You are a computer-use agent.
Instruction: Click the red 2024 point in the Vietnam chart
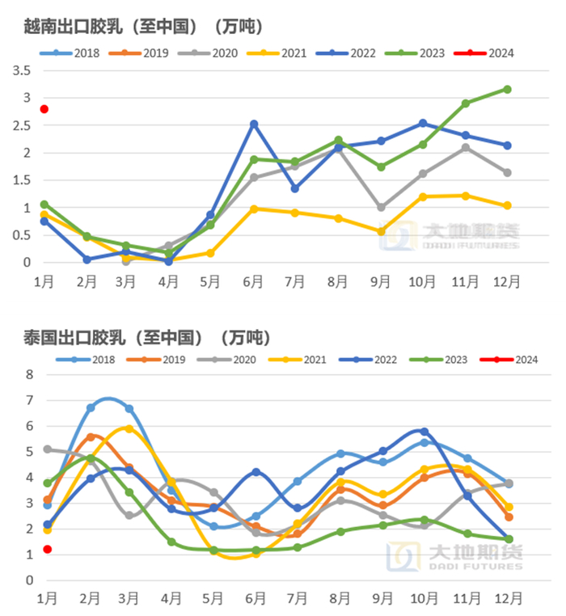point(44,109)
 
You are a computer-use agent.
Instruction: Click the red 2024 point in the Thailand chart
point(48,550)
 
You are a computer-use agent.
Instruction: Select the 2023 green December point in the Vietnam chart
point(507,89)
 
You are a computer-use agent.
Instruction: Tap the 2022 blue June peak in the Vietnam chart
point(254,124)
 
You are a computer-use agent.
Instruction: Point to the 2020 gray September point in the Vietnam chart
point(381,208)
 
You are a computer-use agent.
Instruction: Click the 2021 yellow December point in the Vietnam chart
point(507,205)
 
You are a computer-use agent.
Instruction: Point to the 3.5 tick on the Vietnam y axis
point(22,70)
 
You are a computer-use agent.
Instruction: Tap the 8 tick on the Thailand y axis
point(29,374)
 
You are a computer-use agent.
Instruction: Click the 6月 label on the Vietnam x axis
point(254,281)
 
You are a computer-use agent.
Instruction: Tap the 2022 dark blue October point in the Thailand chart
point(424,432)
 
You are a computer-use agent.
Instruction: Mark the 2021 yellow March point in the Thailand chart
point(129,428)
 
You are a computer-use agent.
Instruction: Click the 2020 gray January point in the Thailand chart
point(48,449)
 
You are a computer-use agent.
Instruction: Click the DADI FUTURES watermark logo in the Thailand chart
point(454,557)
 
